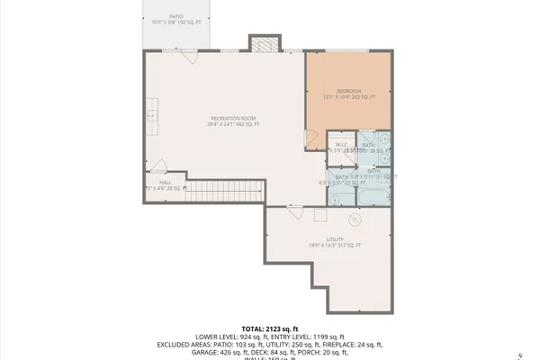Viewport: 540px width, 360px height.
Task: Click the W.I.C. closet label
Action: point(342,145)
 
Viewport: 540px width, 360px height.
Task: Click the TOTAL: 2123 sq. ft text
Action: point(269,329)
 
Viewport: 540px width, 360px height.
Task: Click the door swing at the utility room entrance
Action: point(294,211)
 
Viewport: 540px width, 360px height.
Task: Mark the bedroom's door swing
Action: point(311,136)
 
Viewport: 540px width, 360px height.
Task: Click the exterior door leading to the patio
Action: point(188,57)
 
